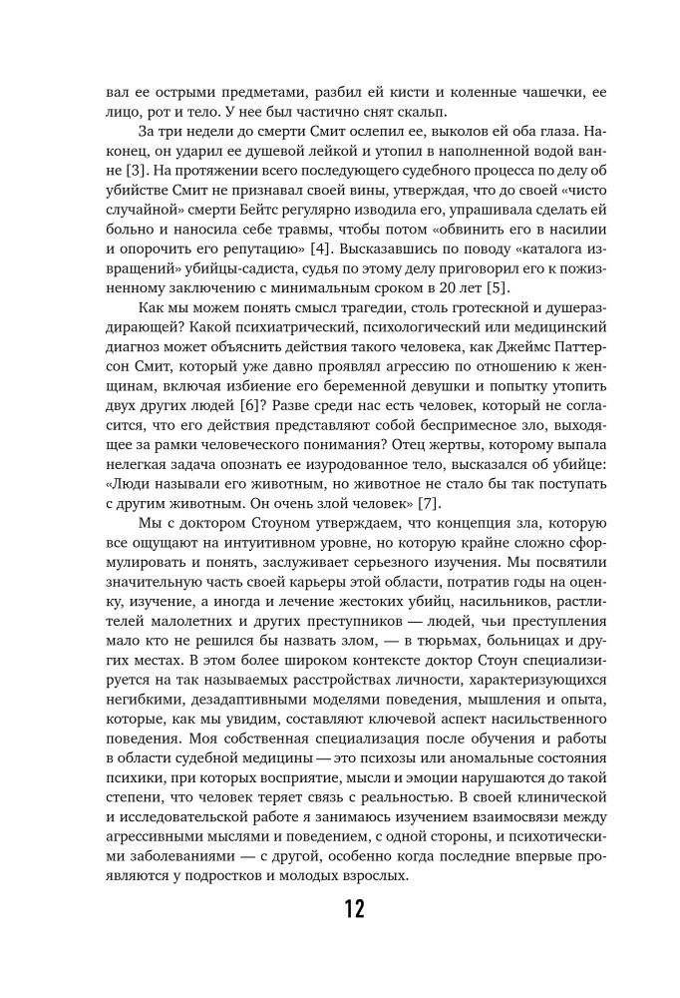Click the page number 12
tap(339, 909)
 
